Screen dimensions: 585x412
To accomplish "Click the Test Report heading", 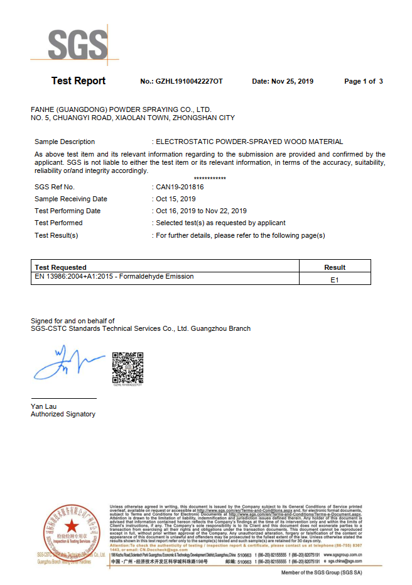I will coord(79,81).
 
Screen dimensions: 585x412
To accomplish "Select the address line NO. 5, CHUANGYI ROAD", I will coord(133,118).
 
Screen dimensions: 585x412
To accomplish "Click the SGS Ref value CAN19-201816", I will coord(180,187).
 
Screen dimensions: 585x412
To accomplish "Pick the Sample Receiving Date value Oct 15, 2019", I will coord(175,199).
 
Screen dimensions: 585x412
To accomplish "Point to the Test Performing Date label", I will coord(67,211).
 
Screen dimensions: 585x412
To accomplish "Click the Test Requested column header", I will coord(61,267).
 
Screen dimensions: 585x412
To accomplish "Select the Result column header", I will coord(335,267).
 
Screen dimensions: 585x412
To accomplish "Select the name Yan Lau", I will coord(43,406).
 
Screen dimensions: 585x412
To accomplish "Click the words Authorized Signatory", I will coord(63,415).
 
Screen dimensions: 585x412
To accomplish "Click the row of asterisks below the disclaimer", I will coord(210,179).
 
